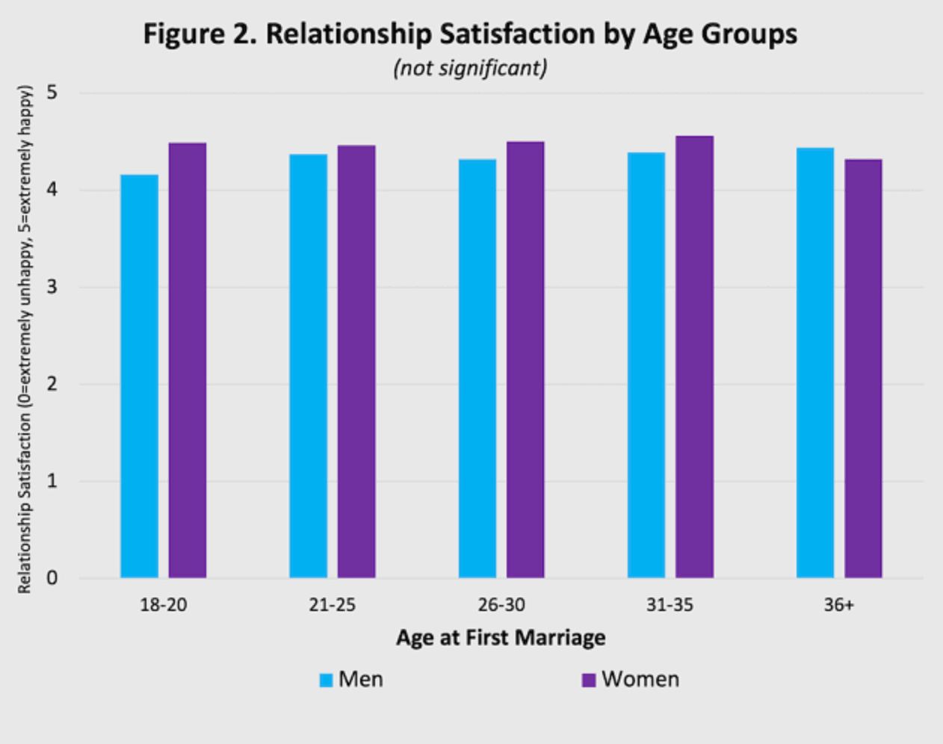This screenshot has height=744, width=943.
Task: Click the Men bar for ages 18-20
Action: click(139, 376)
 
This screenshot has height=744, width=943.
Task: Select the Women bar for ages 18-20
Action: click(188, 360)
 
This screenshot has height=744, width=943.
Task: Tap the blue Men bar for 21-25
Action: click(309, 366)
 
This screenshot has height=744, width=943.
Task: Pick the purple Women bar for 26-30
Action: click(525, 360)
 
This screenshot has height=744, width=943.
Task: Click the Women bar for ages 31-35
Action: click(694, 357)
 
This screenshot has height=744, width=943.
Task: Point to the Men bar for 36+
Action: click(815, 363)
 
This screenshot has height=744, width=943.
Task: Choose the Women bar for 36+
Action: click(863, 369)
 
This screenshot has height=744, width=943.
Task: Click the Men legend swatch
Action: click(326, 681)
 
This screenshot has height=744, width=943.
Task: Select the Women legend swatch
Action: click(589, 681)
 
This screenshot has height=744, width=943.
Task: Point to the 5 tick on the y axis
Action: click(52, 93)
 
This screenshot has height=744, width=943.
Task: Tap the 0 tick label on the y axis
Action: click(52, 578)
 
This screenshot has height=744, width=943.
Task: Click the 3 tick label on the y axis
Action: click(52, 287)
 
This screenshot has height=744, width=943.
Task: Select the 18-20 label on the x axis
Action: click(164, 605)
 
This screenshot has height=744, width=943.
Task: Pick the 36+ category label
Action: click(839, 605)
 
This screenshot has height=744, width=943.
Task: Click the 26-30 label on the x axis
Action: click(501, 605)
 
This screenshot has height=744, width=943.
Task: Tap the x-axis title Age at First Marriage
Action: click(501, 637)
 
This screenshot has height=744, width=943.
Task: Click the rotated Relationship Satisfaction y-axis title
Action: click(25, 340)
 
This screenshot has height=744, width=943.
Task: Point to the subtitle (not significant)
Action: click(470, 69)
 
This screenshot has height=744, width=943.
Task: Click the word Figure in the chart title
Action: click(184, 35)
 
